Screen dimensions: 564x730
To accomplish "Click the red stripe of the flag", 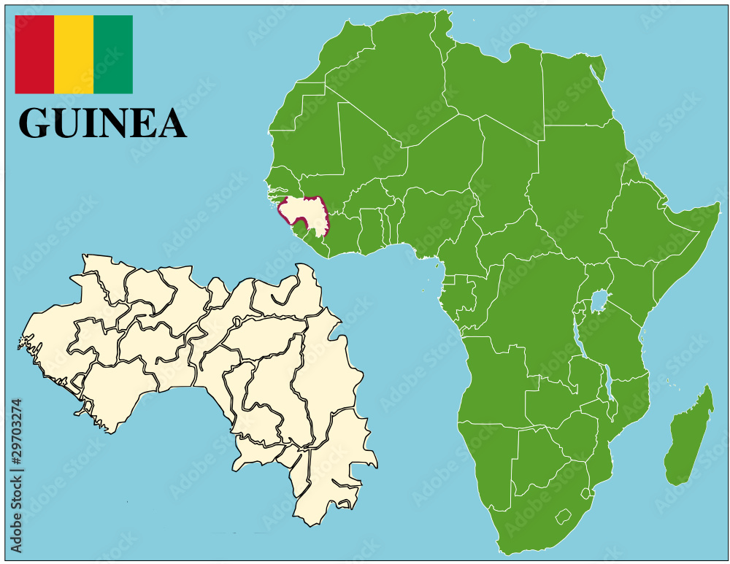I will pyautogui.click(x=34, y=55).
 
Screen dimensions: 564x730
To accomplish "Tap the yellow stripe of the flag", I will pyautogui.click(x=74, y=55).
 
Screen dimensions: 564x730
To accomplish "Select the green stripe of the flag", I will pyautogui.click(x=113, y=55).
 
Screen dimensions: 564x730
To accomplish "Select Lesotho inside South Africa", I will pyautogui.click(x=562, y=517).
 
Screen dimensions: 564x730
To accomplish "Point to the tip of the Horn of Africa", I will pyautogui.click(x=718, y=207).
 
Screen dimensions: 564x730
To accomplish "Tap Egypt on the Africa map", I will pyautogui.click(x=569, y=91).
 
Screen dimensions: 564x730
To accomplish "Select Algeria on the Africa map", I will pyautogui.click(x=394, y=80).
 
